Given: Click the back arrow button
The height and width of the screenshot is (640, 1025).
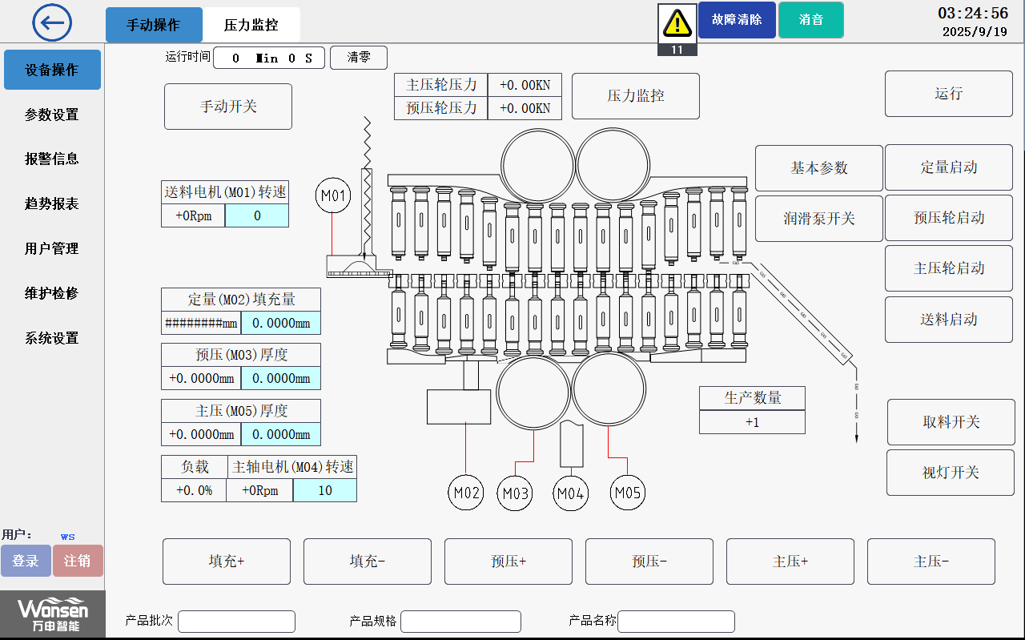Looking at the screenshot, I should click(52, 22).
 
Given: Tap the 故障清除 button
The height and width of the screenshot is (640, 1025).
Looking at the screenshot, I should click(737, 20).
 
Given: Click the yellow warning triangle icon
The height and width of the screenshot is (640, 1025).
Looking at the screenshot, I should click(677, 23).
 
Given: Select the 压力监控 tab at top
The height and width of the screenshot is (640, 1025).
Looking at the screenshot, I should click(251, 25).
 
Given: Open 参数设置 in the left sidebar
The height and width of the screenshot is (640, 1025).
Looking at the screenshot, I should click(52, 115).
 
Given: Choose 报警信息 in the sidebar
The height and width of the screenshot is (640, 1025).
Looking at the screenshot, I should click(52, 159).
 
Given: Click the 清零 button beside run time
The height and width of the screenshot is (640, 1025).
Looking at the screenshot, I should click(358, 58).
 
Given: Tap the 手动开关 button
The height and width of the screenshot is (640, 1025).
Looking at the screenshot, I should click(228, 107).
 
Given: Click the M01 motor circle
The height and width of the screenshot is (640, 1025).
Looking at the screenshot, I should click(333, 195).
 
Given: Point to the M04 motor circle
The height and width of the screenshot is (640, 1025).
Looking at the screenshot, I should click(571, 493).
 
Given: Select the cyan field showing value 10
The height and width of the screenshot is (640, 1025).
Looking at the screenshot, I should click(324, 490).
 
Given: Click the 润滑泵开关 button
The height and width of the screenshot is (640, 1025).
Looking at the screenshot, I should click(819, 219).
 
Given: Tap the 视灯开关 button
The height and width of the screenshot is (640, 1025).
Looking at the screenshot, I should click(951, 473).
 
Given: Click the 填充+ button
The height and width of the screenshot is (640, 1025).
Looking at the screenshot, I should click(227, 562).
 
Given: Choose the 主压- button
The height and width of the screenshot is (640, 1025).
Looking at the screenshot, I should click(931, 562).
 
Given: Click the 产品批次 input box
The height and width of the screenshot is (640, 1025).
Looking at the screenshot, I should click(236, 622).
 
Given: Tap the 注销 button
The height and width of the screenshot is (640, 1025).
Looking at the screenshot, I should click(78, 561).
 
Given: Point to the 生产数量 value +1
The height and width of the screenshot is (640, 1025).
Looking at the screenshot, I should click(752, 422).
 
